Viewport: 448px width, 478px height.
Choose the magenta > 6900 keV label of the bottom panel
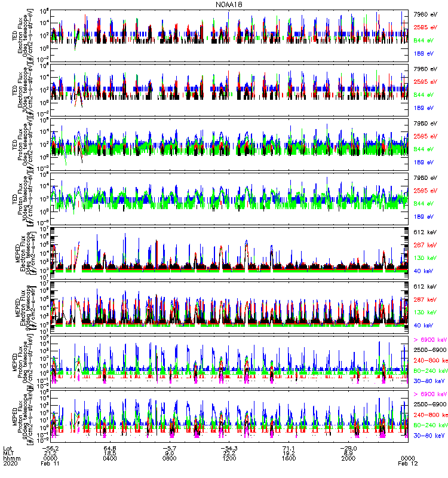tap(430, 394)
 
